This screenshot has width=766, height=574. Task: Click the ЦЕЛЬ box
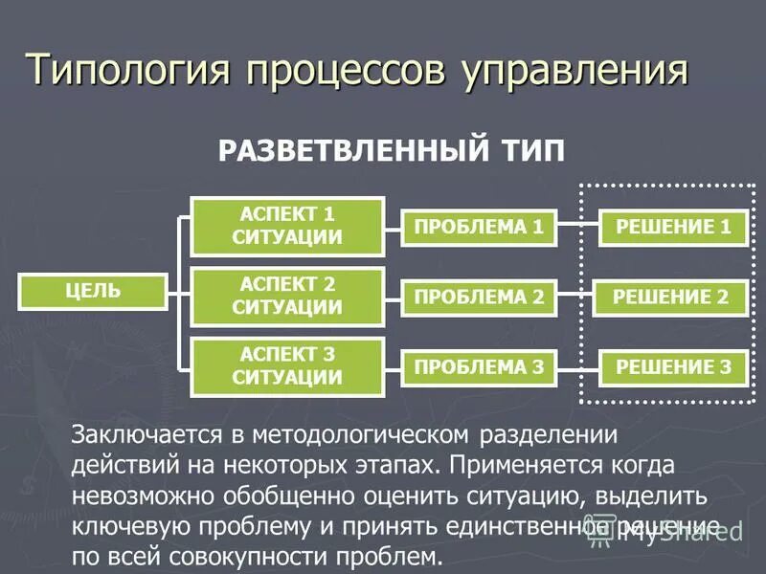pos(93,291)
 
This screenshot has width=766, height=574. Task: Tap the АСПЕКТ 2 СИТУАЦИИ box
pos(287,297)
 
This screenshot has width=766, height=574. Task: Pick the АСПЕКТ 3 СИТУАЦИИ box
pos(287,366)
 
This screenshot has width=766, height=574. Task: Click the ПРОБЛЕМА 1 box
pos(479,227)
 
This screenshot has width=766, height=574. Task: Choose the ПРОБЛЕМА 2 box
pos(479,298)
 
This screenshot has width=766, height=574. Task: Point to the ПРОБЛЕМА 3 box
pos(479,367)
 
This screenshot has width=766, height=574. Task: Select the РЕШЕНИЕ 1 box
pos(673,227)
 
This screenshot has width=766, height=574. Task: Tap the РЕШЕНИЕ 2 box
pos(673,298)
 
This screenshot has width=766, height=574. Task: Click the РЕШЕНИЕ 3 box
pos(673,367)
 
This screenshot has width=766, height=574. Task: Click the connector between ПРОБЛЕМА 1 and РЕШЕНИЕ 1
pos(578,227)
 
